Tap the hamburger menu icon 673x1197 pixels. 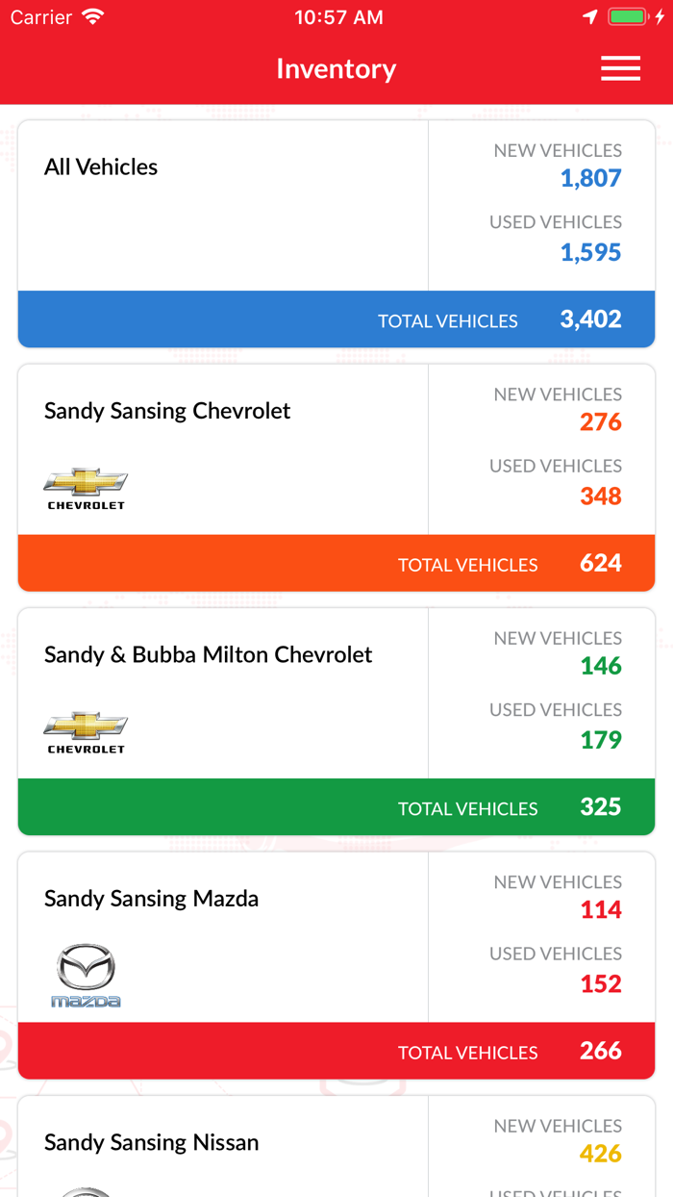(620, 68)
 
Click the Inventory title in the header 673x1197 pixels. (336, 69)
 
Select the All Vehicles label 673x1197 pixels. (101, 167)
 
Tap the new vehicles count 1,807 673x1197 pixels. (590, 178)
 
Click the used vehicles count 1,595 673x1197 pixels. (590, 252)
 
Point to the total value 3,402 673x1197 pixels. (590, 319)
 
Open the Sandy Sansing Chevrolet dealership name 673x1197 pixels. (167, 411)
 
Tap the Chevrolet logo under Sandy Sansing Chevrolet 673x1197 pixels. (86, 488)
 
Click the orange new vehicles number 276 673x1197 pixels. (600, 422)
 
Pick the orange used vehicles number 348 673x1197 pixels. (600, 497)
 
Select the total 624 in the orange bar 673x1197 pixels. (600, 563)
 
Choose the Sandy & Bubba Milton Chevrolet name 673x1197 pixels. (208, 655)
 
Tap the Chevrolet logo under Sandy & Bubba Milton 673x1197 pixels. (86, 732)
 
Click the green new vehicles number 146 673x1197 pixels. (600, 666)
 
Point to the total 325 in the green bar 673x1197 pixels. (600, 807)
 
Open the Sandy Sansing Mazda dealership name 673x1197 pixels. (151, 899)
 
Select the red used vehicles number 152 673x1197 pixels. (600, 984)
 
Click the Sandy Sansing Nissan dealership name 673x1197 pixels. (151, 1143)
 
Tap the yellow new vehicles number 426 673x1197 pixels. (600, 1154)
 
